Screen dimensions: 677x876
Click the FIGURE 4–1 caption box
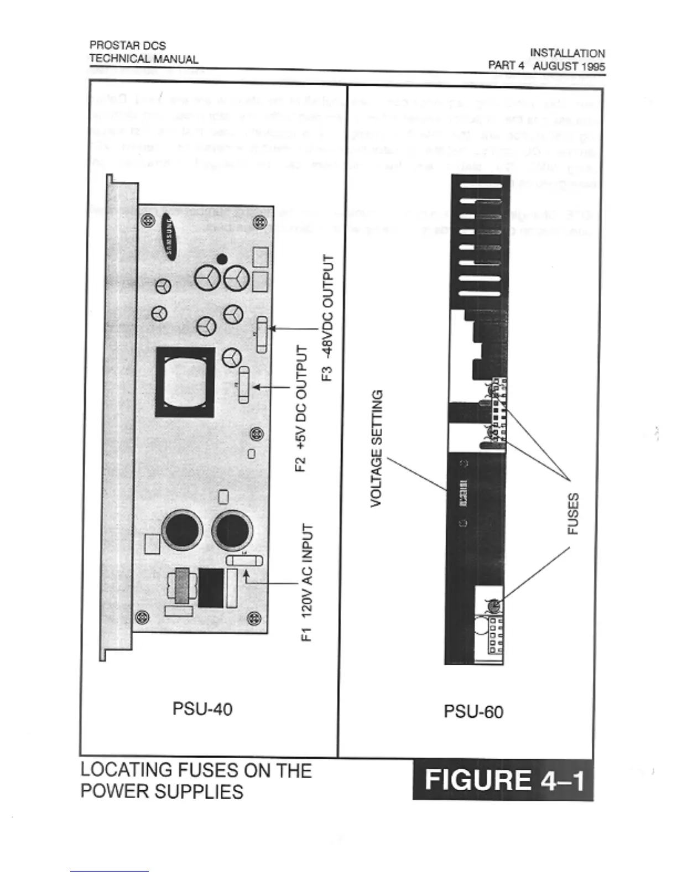pos(503,780)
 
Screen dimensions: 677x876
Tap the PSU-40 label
pos(202,708)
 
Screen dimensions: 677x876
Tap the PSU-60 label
pos(473,711)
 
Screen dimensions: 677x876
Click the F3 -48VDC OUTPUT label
pos(328,318)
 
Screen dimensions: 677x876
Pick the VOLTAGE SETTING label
pos(376,448)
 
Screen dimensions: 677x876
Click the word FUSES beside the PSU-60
pos(574,514)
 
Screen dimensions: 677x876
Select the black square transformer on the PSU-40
pos(185,382)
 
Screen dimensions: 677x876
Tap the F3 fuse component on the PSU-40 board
pos(262,335)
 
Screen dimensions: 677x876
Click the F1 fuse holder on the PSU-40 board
pos(244,561)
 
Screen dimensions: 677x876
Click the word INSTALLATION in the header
pos(567,54)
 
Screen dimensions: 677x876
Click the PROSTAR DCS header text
pos(128,45)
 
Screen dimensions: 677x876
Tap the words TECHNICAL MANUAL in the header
pos(144,59)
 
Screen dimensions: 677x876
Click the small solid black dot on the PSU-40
pos(222,258)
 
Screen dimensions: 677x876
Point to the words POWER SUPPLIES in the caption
pos(162,791)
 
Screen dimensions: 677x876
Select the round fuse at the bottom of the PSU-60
pos(494,606)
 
